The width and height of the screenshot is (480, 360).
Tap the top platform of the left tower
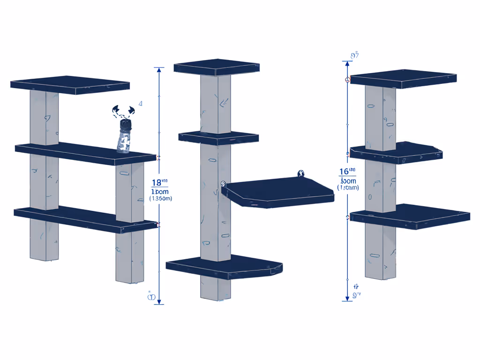(x=70, y=84)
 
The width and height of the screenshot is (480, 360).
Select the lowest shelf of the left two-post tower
(x=84, y=218)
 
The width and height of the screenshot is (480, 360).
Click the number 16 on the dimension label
(x=345, y=172)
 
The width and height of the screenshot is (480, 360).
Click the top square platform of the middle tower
(x=217, y=67)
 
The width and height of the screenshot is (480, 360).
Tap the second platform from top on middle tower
(x=218, y=137)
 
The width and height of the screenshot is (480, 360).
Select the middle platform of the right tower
(x=396, y=153)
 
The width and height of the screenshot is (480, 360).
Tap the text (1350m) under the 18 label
(x=160, y=198)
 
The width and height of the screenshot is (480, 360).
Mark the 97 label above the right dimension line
(x=355, y=55)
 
